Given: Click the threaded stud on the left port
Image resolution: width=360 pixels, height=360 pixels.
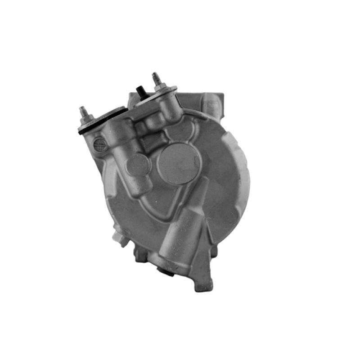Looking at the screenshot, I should [83, 110].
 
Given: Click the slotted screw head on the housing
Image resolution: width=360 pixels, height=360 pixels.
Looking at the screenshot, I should [99, 145].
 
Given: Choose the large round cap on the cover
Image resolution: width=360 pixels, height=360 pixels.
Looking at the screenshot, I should [180, 163].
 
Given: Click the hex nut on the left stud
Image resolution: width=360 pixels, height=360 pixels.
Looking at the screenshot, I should [86, 119].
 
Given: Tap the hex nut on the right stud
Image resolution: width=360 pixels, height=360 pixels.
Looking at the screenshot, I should [160, 87].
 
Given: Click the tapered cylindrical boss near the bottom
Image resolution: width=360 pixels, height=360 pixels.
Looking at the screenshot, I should [182, 234].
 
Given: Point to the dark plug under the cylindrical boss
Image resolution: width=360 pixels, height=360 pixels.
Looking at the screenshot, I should [165, 271].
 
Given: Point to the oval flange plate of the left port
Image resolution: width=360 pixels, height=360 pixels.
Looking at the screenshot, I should [101, 118].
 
